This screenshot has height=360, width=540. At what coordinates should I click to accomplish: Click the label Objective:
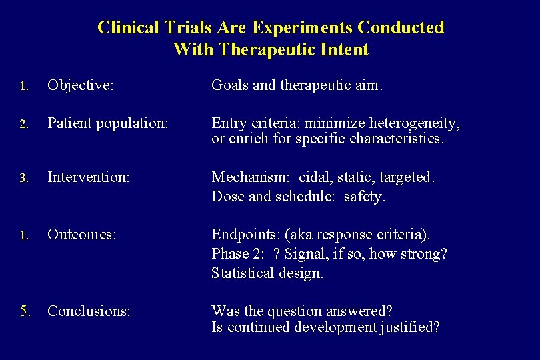[81, 85]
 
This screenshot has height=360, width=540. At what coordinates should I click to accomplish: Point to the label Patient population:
[108, 123]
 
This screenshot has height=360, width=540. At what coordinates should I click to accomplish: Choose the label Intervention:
[89, 177]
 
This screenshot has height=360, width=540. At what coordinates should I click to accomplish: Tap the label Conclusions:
[89, 311]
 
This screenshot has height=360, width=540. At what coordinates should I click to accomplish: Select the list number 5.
[24, 311]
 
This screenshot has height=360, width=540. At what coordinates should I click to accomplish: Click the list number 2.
[23, 124]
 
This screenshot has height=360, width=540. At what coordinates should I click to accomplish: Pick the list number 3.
[23, 178]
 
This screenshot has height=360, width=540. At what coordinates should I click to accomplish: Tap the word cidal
[314, 177]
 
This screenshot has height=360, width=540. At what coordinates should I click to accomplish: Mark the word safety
[365, 197]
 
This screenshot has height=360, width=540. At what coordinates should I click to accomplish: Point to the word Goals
[230, 85]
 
